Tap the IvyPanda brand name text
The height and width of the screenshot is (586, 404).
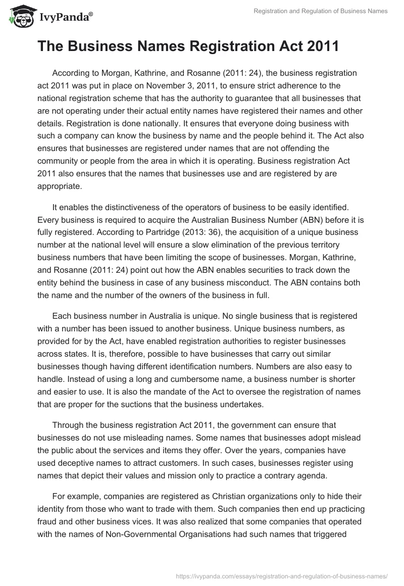click(x=64, y=18)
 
